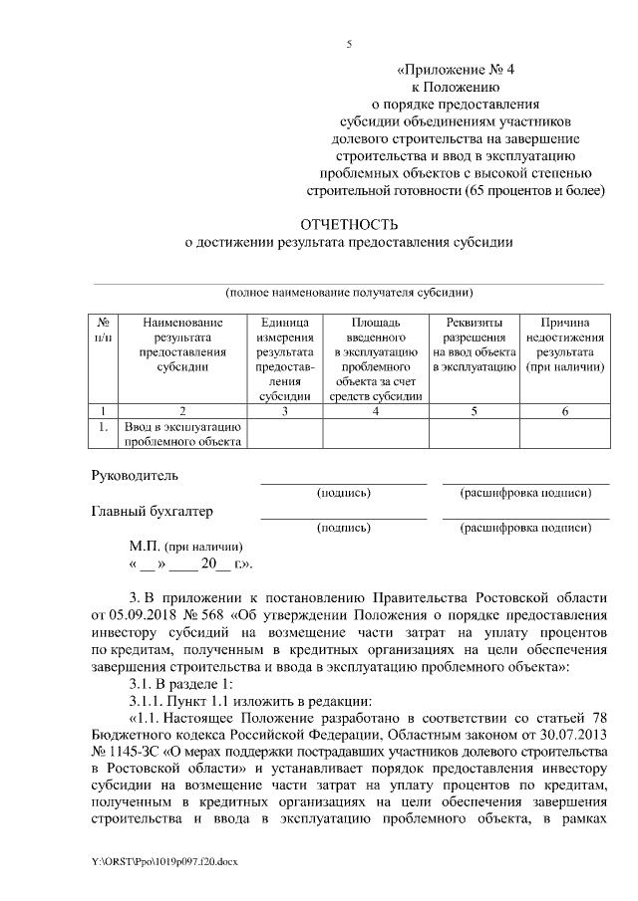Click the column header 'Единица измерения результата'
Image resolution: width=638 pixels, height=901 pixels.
pos(285,359)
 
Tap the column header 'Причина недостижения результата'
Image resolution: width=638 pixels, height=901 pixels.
pos(565,344)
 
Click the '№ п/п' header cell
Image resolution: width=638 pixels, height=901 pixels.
pos(104,331)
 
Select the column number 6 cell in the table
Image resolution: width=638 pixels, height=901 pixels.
pos(565,409)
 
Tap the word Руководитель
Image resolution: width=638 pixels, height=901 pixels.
pos(134,476)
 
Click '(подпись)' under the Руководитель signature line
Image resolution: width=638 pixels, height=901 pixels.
pos(344,493)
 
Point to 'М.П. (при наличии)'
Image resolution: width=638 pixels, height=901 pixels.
pos(185,547)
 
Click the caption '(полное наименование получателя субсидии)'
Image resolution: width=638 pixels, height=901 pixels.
pos(349,292)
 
